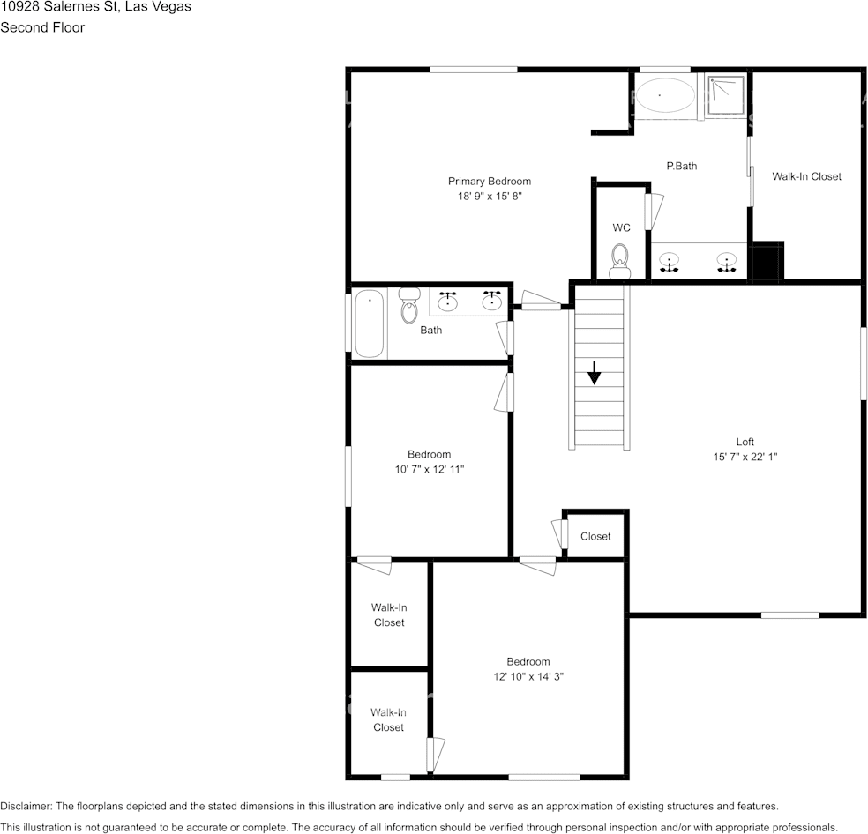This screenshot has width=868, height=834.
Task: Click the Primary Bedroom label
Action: pyautogui.click(x=489, y=182)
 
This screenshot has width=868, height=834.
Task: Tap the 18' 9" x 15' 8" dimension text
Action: pyautogui.click(x=490, y=197)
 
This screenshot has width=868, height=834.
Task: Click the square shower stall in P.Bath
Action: pyautogui.click(x=724, y=95)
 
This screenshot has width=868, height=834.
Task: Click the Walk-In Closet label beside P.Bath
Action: pyautogui.click(x=806, y=176)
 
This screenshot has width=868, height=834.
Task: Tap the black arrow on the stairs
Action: pyautogui.click(x=594, y=373)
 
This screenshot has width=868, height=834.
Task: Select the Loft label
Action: pyautogui.click(x=745, y=442)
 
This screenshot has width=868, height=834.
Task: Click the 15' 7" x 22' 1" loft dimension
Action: pyautogui.click(x=745, y=457)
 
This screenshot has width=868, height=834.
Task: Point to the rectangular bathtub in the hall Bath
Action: pyautogui.click(x=370, y=323)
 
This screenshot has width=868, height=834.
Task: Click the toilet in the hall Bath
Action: pyautogui.click(x=408, y=306)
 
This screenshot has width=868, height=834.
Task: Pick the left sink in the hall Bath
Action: pyautogui.click(x=448, y=302)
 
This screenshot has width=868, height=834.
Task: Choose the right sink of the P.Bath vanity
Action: pyautogui.click(x=726, y=262)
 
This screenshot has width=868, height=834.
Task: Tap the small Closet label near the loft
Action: pyautogui.click(x=595, y=536)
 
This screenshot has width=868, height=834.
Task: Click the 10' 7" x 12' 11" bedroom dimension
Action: pyautogui.click(x=429, y=470)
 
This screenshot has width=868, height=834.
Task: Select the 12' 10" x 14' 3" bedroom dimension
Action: pyautogui.click(x=528, y=677)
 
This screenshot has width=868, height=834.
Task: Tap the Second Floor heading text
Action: pyautogui.click(x=42, y=27)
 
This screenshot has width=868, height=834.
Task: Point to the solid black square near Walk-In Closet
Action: pyautogui.click(x=765, y=261)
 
